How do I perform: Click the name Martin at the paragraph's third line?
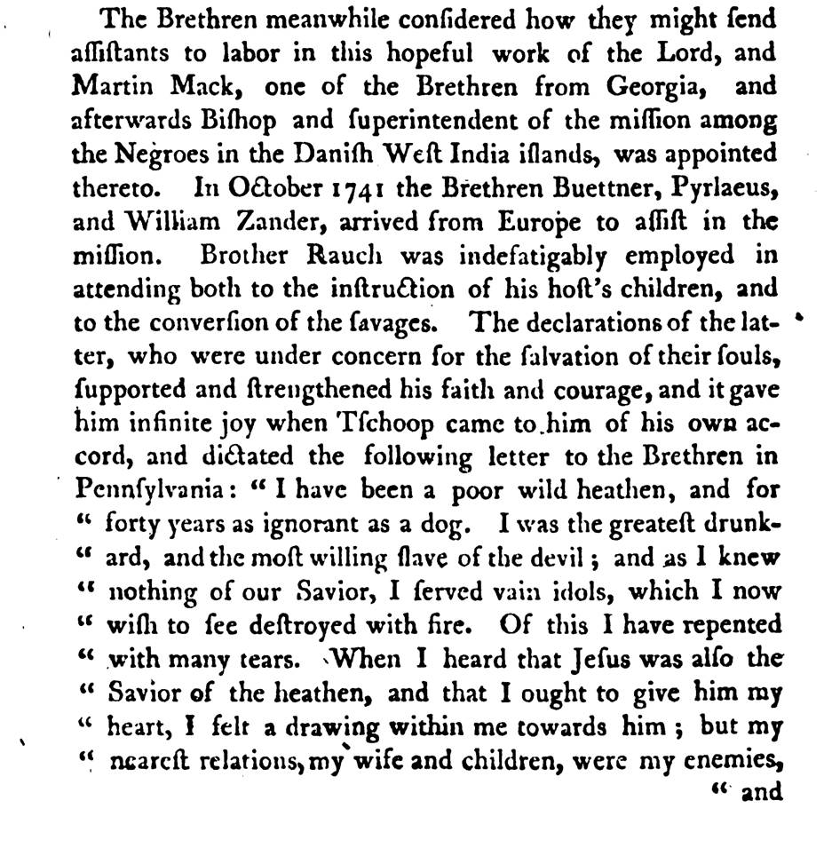[101, 87]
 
